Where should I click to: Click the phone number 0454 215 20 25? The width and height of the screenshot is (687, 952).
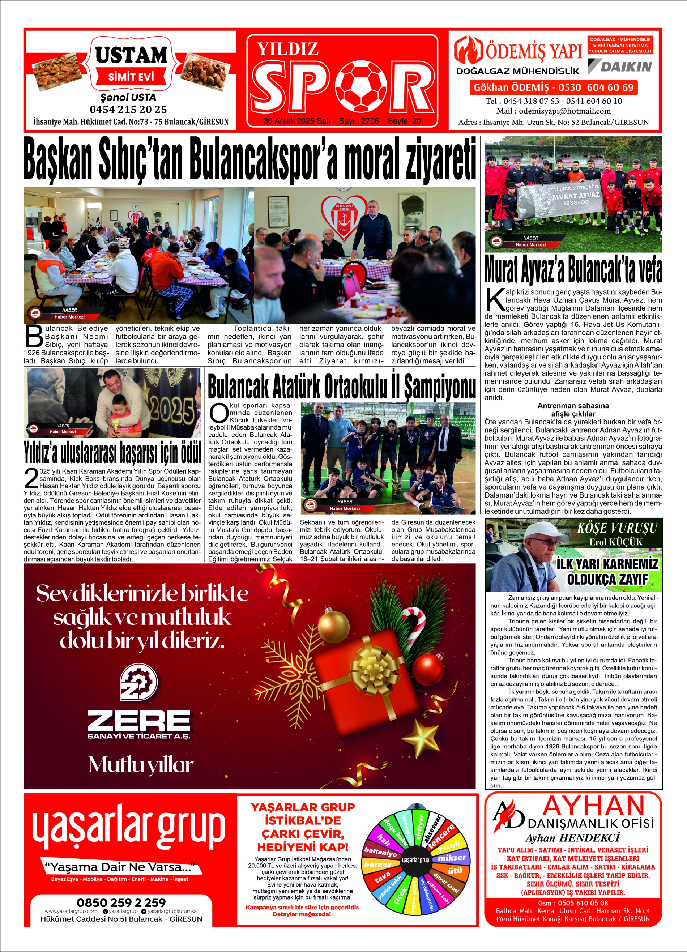click(128, 110)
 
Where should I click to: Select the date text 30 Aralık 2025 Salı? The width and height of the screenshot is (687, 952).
click(297, 121)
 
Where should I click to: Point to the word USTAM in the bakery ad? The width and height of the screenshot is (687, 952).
click(131, 55)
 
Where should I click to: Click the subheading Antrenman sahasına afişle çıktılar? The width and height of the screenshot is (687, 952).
click(573, 409)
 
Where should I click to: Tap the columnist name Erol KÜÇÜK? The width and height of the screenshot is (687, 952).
click(616, 542)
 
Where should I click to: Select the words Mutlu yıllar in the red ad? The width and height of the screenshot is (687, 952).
click(141, 765)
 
